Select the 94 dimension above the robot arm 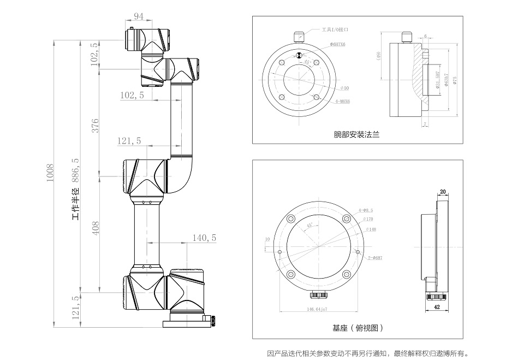pos(139,17)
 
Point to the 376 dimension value pos(95,126)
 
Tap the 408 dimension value pos(95,228)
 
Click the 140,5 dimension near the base pos(205,238)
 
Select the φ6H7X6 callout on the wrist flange pos(338,44)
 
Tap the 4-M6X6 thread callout pos(343,101)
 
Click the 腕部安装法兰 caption pos(356,134)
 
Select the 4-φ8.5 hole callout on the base pos(366,210)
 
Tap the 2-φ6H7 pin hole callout pos(374,258)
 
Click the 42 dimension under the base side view pos(437,308)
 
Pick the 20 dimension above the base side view pos(443,191)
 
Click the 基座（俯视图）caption pos(358,328)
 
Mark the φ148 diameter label pos(371,229)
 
